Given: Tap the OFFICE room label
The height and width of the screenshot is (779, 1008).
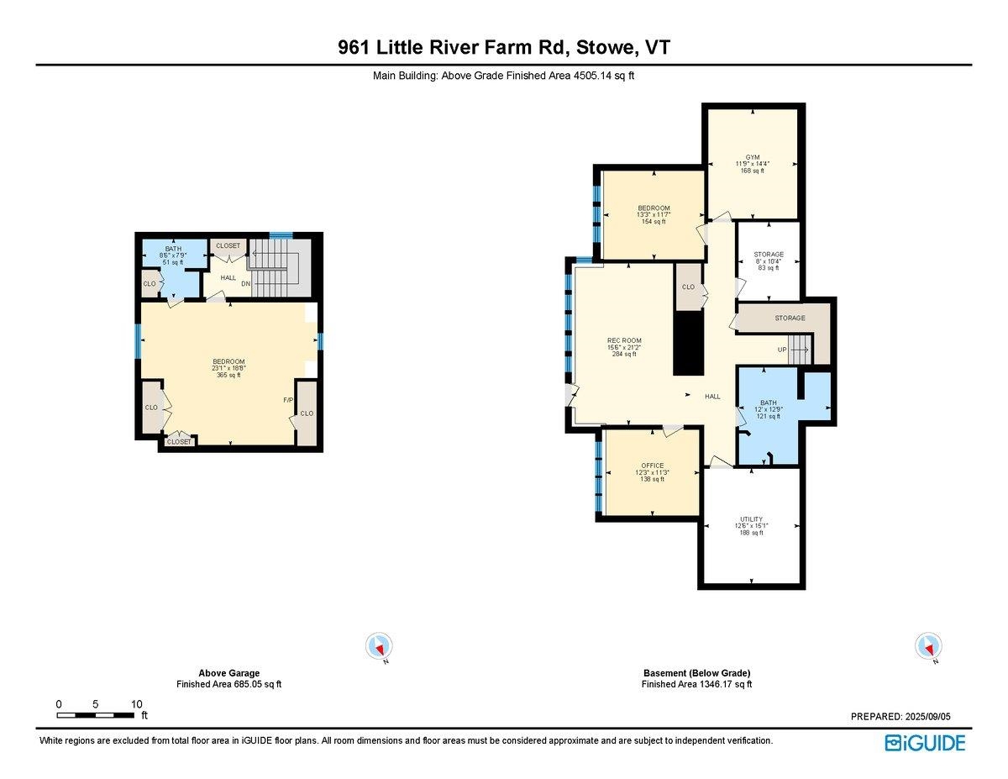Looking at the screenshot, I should point(653,466).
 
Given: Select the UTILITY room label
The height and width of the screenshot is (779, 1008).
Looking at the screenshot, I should point(751,519).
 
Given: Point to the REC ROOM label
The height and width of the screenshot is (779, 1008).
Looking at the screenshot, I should point(624,340).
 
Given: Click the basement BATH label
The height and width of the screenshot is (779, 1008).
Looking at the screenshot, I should point(769,403).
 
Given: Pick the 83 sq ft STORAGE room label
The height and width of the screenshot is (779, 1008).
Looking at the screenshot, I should point(768,255).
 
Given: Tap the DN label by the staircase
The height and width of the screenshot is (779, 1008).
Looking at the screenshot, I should point(246,284).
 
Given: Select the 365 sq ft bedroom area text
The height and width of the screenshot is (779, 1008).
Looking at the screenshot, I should point(228,375).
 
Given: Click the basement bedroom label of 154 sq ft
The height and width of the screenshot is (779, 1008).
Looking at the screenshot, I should point(654,208).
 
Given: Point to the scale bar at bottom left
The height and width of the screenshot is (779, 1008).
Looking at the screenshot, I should point(96,714).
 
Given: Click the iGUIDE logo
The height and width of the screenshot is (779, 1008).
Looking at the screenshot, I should point(925,743).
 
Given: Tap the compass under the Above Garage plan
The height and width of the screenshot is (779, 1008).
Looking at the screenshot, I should point(379,646).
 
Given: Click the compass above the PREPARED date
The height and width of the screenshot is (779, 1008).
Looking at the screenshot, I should point(927,646).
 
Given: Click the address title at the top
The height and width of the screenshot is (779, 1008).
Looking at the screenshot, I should point(504,48).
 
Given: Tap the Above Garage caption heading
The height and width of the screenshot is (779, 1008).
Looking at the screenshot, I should point(228,673).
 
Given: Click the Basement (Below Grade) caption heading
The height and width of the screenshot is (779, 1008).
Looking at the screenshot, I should point(696,673).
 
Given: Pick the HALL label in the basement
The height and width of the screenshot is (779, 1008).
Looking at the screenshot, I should point(712,396).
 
